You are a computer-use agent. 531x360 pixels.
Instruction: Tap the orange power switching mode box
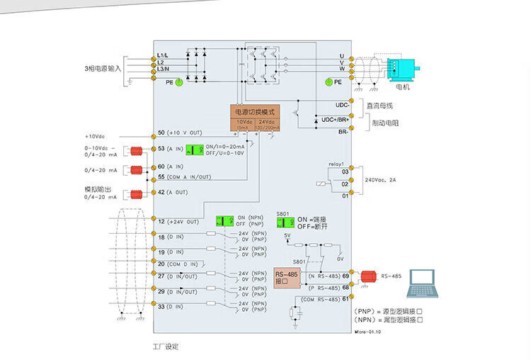pyautogui.click(x=256, y=112)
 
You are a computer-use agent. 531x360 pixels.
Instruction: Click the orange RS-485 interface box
pyautogui.click(x=287, y=277)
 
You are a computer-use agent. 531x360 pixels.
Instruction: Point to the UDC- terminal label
pyautogui.click(x=342, y=105)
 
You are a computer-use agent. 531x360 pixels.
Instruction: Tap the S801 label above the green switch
pyautogui.click(x=283, y=213)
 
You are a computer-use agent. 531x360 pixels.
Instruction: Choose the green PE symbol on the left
pyautogui.click(x=179, y=82)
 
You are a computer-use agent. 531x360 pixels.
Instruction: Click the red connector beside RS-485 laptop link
pyautogui.click(x=367, y=276)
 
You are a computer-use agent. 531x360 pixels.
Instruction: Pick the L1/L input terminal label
pyautogui.click(x=163, y=55)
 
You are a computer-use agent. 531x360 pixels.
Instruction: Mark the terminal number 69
pyautogui.click(x=346, y=276)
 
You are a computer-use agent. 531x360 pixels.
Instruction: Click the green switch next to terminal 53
pyautogui.click(x=194, y=149)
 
